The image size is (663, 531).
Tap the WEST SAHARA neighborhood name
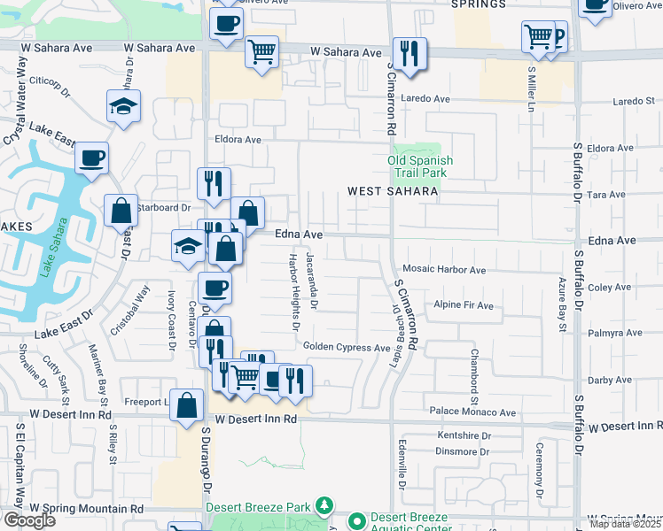pyautogui.click(x=393, y=191)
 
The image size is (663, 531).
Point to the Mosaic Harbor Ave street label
pyautogui.click(x=444, y=270)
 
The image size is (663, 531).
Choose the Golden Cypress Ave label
pyautogui.click(x=347, y=348)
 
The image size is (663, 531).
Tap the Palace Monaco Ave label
pyautogui.click(x=472, y=412)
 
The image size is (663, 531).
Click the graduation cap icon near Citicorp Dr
pyautogui.click(x=124, y=107)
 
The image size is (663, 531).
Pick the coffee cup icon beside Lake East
pyautogui.click(x=91, y=159)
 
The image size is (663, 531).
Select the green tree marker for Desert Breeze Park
pyautogui.click(x=325, y=507)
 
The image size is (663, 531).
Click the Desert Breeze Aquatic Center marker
pyautogui.click(x=357, y=521)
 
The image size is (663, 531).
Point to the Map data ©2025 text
pyautogui.click(x=626, y=524)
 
